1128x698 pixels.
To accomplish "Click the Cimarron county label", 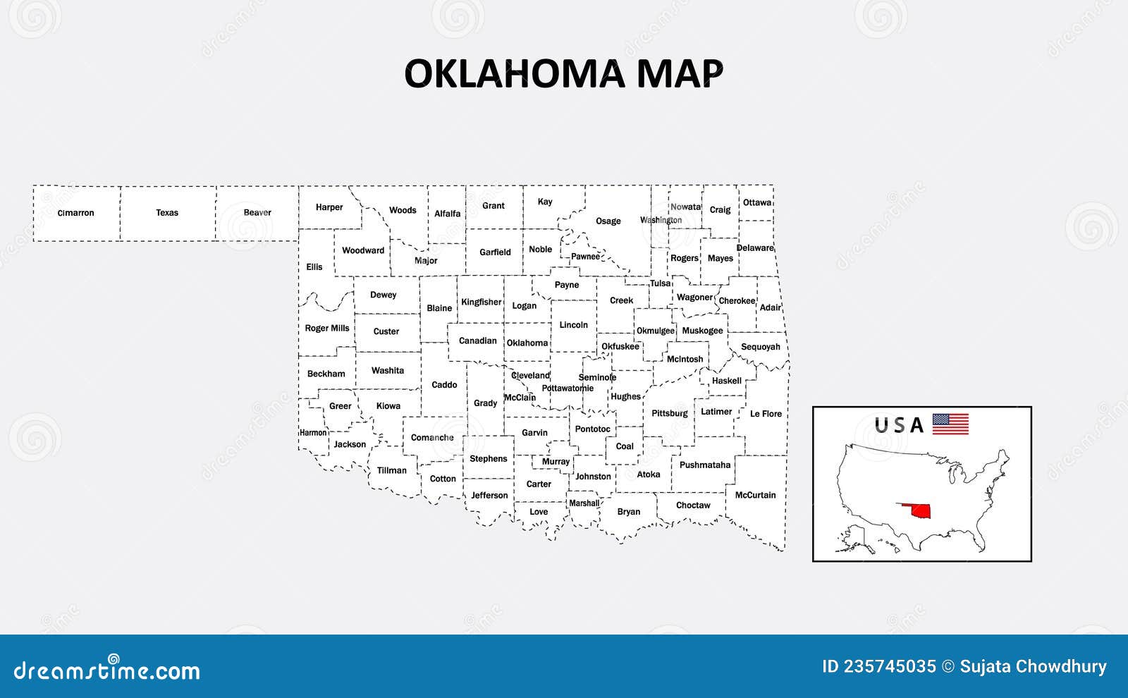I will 75,213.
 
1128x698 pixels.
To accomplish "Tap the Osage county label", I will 608,221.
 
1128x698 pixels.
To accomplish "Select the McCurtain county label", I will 755,495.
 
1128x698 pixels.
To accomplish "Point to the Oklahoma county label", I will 527,343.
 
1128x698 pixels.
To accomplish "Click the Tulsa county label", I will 661,283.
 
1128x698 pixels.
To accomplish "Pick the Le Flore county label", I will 766,414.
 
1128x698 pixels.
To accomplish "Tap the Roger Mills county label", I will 327,329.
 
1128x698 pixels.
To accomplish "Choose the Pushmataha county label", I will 705,465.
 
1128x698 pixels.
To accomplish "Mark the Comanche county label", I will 432,438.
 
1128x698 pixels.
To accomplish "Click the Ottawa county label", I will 757,203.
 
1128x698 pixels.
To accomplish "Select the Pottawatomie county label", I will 568,388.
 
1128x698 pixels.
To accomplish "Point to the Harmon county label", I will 313,433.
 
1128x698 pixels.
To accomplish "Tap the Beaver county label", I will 257,213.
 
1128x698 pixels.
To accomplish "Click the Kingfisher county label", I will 482,302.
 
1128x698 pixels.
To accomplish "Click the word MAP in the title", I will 680,74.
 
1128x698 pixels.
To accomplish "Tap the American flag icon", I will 950,424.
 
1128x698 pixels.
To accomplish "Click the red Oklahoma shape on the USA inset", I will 914,510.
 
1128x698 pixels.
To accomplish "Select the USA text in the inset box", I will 899,425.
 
